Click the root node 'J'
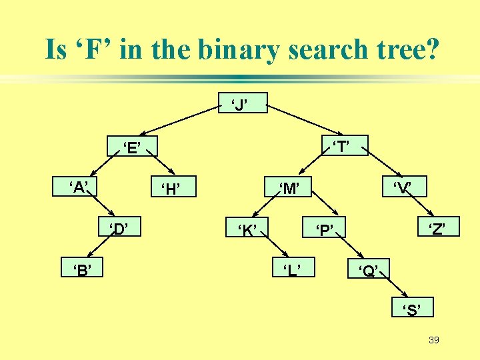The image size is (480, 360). tap(243, 103)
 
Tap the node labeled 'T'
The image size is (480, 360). tap(344, 146)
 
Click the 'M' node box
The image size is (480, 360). tap(289, 189)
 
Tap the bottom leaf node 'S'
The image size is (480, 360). tap(413, 309)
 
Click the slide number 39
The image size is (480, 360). tap(434, 341)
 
